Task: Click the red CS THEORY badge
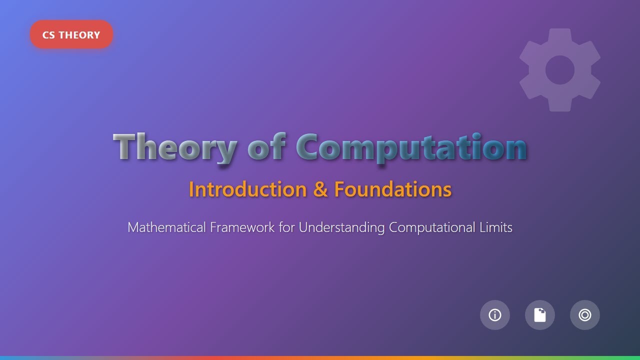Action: (71, 35)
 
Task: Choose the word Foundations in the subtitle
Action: (392, 189)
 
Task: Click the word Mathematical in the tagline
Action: (166, 227)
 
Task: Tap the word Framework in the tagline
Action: (242, 227)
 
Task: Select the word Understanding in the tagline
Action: (342, 228)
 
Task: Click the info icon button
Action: (495, 315)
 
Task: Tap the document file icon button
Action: (540, 315)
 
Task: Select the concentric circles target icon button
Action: (585, 315)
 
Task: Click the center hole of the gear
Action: (560, 70)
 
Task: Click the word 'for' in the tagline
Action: (287, 227)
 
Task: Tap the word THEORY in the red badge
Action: (79, 35)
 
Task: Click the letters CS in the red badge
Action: (49, 35)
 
